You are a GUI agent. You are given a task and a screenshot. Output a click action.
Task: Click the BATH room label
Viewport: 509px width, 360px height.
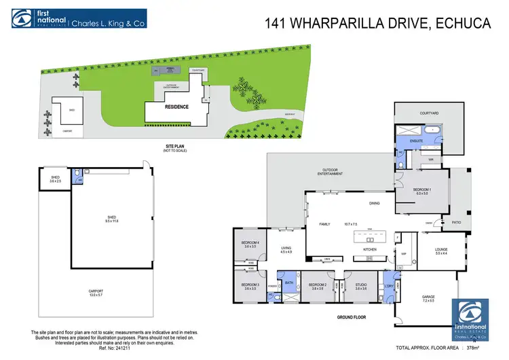pos(288,282)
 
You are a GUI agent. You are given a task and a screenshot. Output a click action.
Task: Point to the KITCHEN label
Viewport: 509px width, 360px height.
pos(370,250)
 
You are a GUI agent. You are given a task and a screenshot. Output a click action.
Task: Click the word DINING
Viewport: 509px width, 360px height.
pos(374,203)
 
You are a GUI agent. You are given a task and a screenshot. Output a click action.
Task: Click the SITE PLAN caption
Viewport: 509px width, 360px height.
pos(174,145)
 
